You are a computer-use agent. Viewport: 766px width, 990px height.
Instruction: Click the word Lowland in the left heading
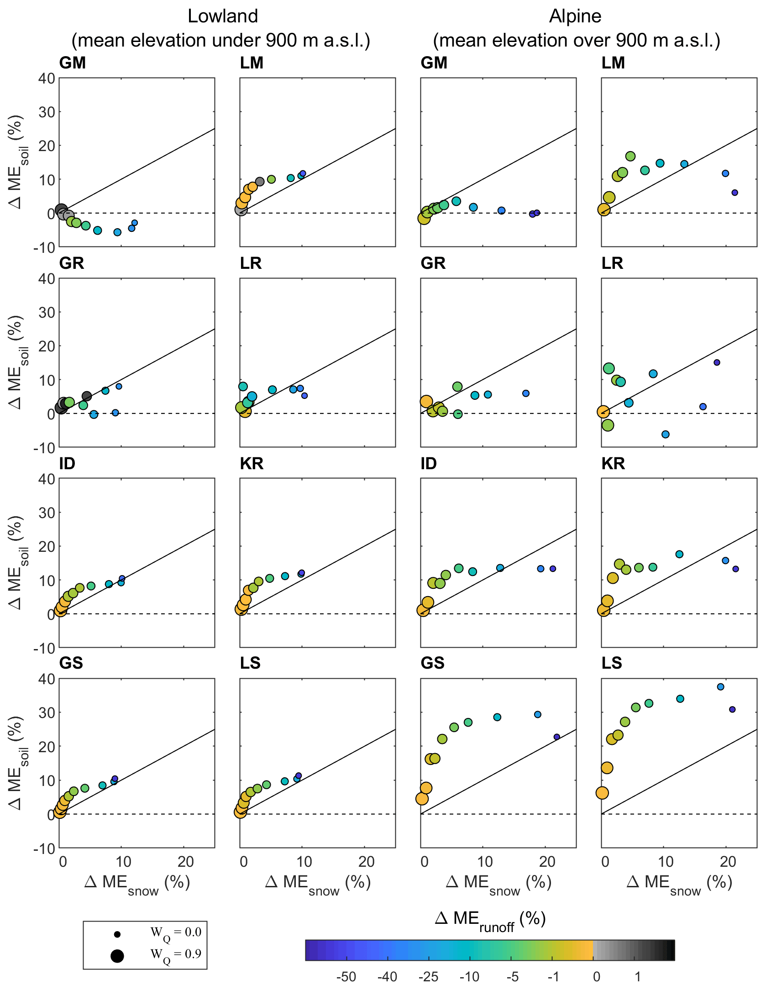(x=223, y=16)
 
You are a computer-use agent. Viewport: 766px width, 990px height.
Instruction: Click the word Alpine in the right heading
(x=575, y=16)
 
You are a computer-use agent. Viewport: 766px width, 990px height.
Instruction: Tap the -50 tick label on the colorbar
(x=346, y=977)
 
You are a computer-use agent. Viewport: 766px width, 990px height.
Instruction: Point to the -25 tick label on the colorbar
(x=428, y=977)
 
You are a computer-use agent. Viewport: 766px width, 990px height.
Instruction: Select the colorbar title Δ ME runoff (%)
(x=490, y=919)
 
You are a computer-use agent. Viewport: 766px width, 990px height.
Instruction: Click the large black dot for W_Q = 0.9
(x=117, y=956)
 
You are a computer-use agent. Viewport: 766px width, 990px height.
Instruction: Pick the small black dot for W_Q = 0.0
(x=117, y=934)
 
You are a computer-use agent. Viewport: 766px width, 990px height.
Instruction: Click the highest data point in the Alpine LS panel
(x=720, y=687)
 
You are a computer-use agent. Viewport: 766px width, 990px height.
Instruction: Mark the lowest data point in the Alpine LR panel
(x=666, y=435)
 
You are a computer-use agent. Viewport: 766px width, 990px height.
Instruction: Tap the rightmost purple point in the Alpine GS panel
(x=557, y=737)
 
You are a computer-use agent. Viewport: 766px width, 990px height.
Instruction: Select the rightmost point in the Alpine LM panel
(x=735, y=193)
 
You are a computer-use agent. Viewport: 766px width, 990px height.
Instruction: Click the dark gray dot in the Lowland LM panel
(x=260, y=182)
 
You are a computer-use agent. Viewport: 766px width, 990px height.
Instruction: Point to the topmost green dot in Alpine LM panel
(x=630, y=157)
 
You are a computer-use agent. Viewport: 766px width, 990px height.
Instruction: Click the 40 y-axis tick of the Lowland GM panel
(x=47, y=79)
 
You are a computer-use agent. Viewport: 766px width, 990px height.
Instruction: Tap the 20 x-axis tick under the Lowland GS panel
(x=185, y=862)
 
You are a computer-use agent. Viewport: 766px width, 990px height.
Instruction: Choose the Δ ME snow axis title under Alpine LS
(x=679, y=883)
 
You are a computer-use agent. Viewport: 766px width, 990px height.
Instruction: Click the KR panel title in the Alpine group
(x=613, y=464)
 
